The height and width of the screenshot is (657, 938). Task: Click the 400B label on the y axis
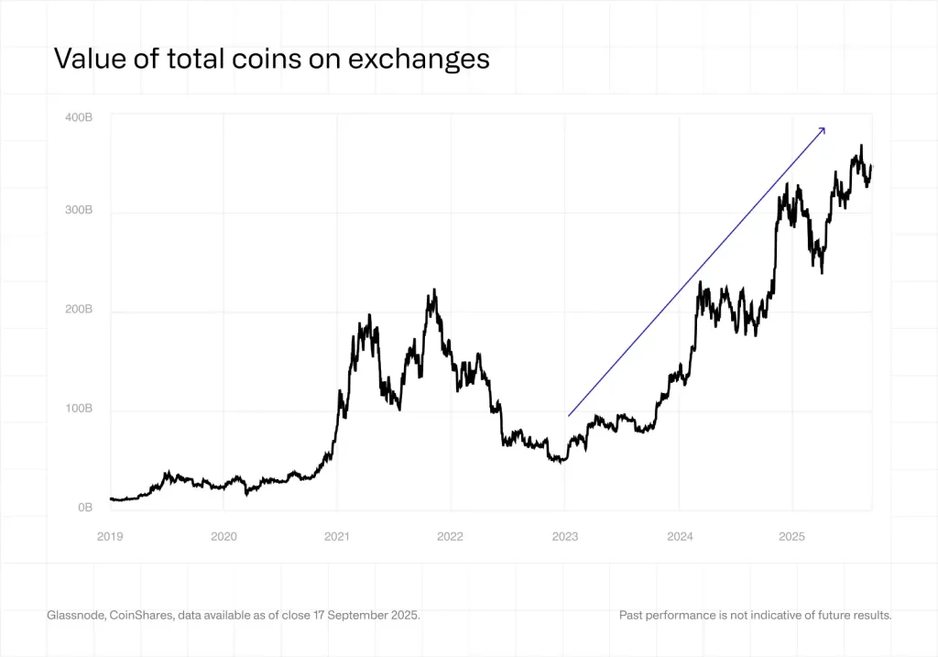(79, 117)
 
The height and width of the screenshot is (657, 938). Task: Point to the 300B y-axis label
(79, 210)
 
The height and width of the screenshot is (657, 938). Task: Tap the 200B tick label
(79, 310)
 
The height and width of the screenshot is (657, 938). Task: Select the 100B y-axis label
(79, 409)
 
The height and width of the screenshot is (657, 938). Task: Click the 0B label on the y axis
(84, 507)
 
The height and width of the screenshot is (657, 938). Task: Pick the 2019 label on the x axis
(110, 536)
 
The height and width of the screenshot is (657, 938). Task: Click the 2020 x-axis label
(224, 536)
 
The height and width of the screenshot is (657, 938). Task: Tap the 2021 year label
(337, 536)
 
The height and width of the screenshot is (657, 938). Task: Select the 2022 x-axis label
(451, 536)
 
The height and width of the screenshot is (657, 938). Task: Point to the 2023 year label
(565, 536)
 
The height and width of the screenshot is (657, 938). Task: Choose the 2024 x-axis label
(679, 536)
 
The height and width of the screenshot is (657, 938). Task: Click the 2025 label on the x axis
(792, 536)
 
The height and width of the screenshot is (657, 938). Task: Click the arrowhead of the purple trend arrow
(823, 129)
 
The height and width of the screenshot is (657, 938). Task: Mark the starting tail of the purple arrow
(569, 416)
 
